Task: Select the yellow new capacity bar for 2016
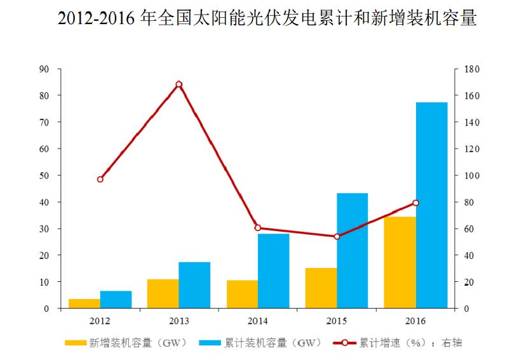coord(400,262)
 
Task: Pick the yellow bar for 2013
coord(163,293)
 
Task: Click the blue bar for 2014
coord(273,270)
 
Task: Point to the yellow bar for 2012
coord(84,303)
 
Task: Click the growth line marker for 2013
coord(179,84)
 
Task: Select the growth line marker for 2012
coord(100,179)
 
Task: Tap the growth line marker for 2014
coord(257,227)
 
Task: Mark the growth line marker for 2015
coord(337,236)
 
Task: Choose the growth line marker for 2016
coord(415,203)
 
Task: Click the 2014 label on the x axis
coord(258,321)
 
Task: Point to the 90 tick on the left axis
coord(44,69)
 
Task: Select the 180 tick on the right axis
coord(471,69)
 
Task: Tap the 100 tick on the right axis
coord(471,175)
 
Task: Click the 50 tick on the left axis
coord(44,175)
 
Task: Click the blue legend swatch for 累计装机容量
coord(210,343)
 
